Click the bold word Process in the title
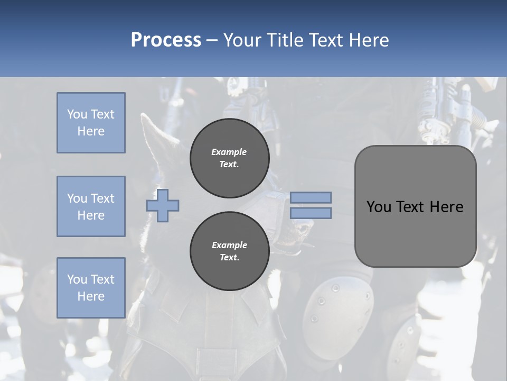[166, 40]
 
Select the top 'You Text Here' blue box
[91, 123]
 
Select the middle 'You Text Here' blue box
[91, 206]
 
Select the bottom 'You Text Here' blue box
[91, 287]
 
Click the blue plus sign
[163, 205]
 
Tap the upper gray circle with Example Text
[229, 158]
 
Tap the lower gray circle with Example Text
[229, 251]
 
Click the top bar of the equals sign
[311, 198]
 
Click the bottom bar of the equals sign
[311, 213]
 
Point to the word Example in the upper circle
[229, 152]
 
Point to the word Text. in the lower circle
[229, 258]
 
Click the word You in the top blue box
[76, 114]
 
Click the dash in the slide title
[212, 40]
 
